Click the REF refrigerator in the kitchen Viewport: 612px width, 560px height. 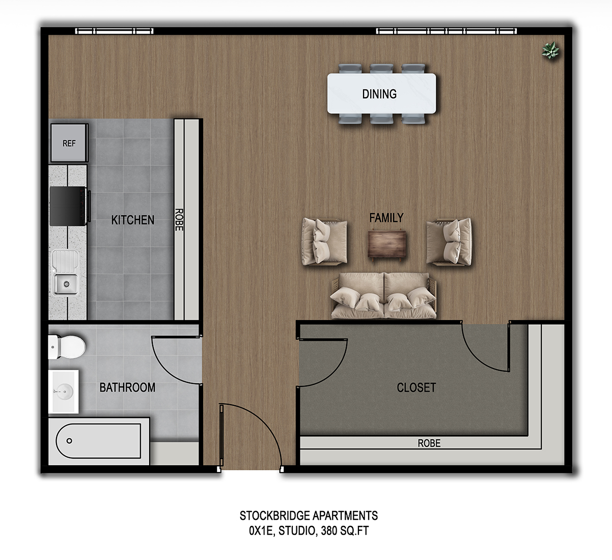point(69,143)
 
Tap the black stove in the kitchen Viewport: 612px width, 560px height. point(68,206)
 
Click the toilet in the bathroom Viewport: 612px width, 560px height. point(67,347)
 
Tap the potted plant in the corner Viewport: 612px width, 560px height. point(550,50)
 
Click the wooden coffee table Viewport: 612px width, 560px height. point(387,244)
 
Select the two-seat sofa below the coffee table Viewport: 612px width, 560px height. point(384,295)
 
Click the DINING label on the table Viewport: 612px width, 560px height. point(379,94)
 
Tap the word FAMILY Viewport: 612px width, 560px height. point(386,218)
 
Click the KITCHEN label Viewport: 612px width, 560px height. point(132,220)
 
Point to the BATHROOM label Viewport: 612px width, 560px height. point(127,387)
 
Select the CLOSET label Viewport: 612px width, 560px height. point(416,387)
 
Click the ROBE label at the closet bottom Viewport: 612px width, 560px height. point(429,443)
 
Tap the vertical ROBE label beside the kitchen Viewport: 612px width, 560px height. point(179,219)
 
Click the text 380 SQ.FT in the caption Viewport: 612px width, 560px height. point(345,531)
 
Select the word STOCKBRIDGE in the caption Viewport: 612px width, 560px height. point(275,516)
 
